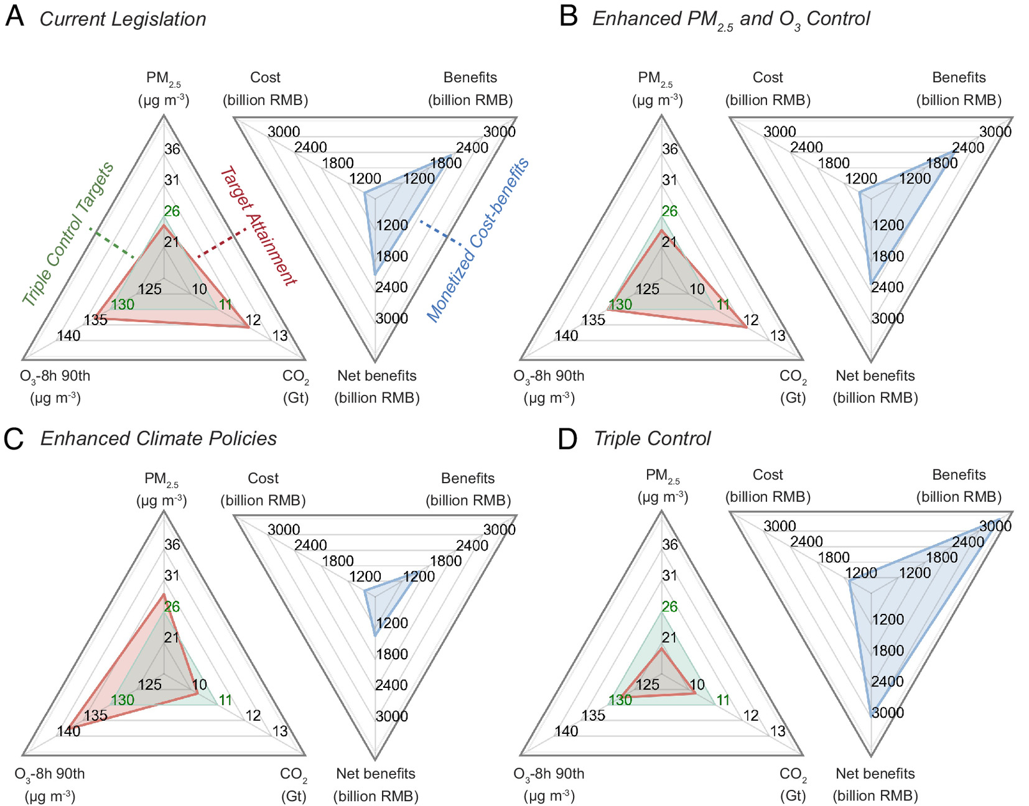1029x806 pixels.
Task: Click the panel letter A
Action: click(x=14, y=17)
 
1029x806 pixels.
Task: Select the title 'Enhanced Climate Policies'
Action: click(x=159, y=438)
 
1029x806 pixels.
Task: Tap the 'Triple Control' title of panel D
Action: click(x=652, y=438)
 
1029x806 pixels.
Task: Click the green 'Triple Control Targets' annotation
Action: click(x=68, y=234)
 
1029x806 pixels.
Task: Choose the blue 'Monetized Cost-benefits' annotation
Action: click(x=478, y=239)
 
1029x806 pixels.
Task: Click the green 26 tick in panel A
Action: click(x=172, y=211)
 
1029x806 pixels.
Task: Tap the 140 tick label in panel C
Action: click(x=68, y=731)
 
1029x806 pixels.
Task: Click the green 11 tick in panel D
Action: click(x=723, y=700)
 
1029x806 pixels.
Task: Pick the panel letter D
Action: click(x=568, y=438)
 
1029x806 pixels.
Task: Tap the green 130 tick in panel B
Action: click(x=620, y=305)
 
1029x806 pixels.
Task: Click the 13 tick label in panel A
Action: click(x=280, y=336)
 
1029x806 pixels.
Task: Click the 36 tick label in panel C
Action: click(x=172, y=544)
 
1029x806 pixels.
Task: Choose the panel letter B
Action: click(x=569, y=17)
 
